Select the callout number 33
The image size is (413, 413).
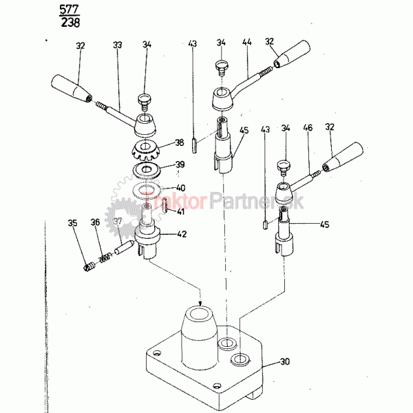click(118, 45)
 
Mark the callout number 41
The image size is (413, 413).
click(180, 212)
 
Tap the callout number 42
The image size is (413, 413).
click(180, 234)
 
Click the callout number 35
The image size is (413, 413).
click(72, 222)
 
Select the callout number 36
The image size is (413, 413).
click(95, 222)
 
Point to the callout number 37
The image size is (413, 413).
click(117, 222)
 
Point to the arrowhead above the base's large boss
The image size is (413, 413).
click(200, 302)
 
